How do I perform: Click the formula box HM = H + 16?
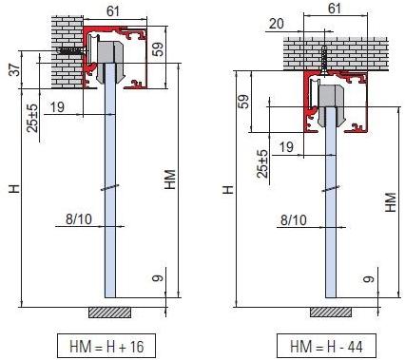(x=105, y=345)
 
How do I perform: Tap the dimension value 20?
(x=250, y=23)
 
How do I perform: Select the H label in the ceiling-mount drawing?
(x=227, y=190)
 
